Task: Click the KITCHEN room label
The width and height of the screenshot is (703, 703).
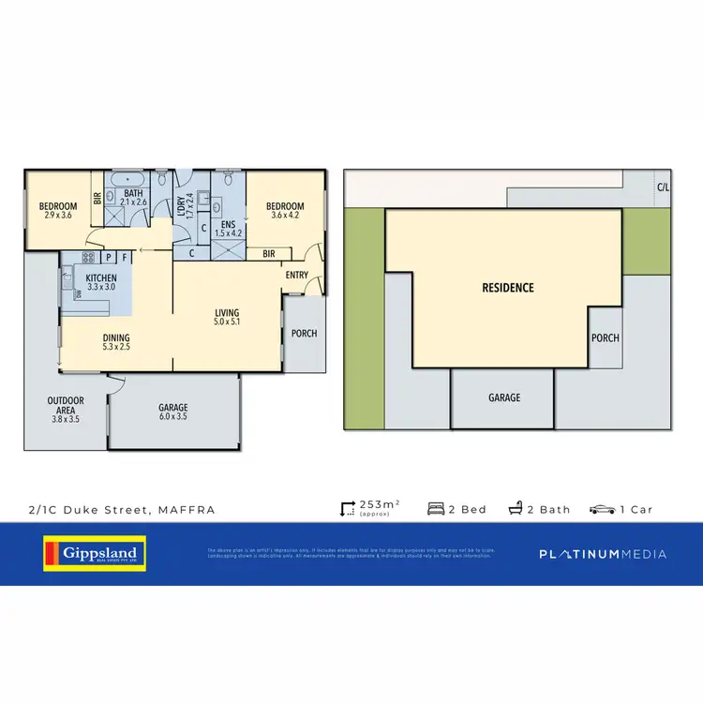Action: [100, 282]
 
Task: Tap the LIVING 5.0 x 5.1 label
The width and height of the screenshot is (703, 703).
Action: [227, 319]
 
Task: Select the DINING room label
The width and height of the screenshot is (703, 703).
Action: [117, 343]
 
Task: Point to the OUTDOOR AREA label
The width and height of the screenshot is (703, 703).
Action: [66, 406]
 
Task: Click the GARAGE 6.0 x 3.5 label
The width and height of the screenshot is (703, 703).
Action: [173, 412]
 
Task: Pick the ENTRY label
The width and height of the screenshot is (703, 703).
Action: [297, 275]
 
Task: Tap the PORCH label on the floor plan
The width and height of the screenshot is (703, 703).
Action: [305, 333]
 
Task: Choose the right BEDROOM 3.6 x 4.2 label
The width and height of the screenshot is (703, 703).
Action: [284, 211]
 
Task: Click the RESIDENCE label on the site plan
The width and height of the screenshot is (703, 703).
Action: [508, 288]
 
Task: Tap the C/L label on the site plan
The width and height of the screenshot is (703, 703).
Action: [663, 187]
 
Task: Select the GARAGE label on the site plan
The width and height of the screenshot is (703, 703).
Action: [503, 397]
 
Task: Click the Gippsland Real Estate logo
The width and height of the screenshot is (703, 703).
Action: [91, 553]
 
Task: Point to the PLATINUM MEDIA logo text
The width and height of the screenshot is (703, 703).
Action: [603, 554]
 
